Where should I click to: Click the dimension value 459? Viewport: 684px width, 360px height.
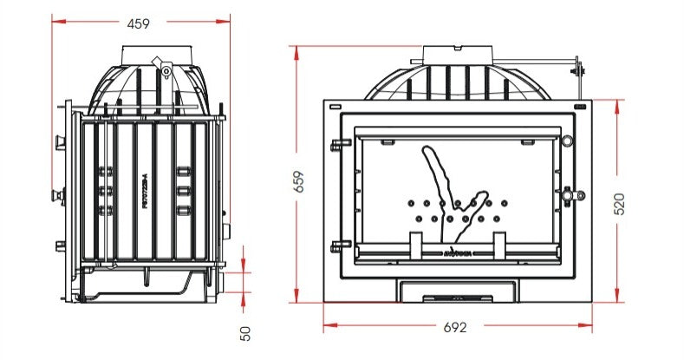point(138,24)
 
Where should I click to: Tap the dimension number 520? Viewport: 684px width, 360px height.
point(619,202)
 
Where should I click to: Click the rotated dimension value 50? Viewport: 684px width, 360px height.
point(245,332)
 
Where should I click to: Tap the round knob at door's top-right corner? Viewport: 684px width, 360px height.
point(567,141)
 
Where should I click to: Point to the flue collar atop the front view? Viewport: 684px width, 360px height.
point(454,53)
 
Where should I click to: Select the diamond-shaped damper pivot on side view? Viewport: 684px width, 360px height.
point(159,62)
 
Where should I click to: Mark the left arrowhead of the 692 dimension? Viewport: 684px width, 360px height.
point(328,328)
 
